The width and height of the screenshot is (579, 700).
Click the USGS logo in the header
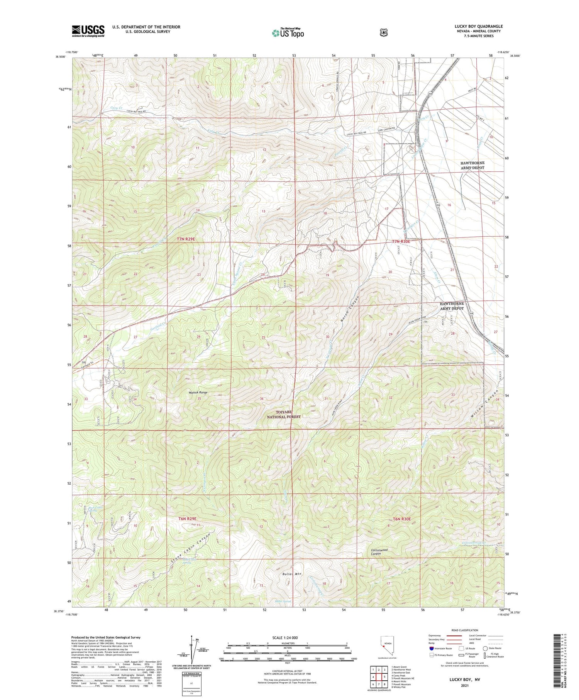click(88, 31)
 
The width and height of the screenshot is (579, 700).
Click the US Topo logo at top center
click(288, 33)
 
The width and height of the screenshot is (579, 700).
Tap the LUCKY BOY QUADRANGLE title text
click(478, 27)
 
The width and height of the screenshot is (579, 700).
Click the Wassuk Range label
click(198, 392)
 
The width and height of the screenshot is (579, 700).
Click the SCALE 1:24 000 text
click(285, 637)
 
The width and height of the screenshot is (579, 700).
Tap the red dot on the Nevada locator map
click(383, 646)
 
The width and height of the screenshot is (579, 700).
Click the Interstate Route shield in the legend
click(431, 648)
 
